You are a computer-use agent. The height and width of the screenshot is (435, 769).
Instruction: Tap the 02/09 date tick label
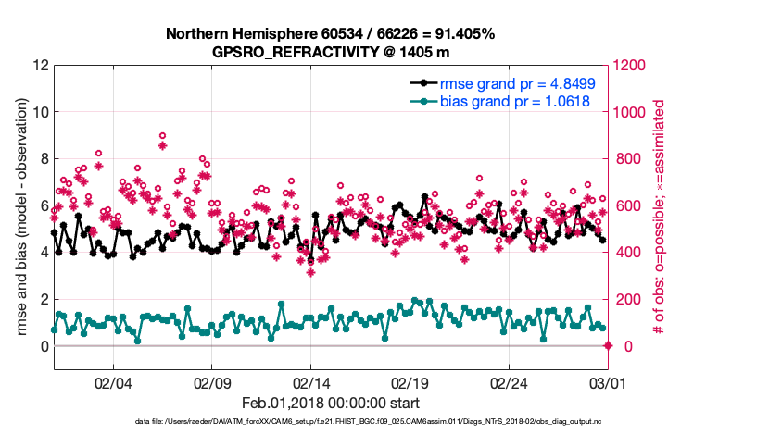(212, 382)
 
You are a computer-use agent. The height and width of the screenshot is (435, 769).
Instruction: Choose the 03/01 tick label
(608, 382)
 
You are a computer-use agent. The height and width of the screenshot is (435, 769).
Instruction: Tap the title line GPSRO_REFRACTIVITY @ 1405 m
(331, 52)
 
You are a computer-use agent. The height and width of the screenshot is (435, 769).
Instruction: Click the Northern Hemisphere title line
(331, 34)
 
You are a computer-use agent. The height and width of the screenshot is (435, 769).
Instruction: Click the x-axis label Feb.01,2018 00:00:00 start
(331, 404)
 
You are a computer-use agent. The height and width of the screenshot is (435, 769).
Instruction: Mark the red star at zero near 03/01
(608, 346)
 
